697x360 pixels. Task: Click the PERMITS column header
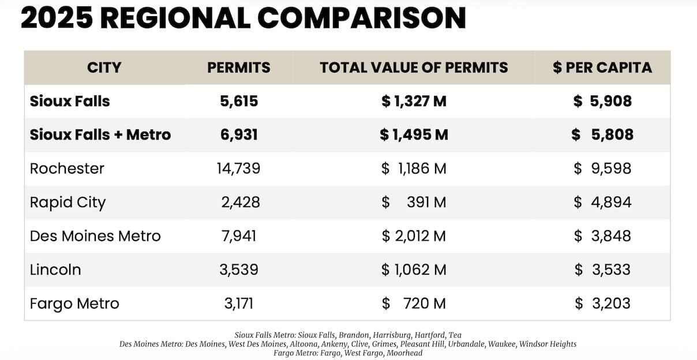click(x=239, y=67)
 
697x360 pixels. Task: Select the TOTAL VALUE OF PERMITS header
click(x=414, y=67)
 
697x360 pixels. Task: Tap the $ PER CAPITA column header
click(x=602, y=67)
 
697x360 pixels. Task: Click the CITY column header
click(x=104, y=67)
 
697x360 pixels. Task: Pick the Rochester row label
click(x=67, y=168)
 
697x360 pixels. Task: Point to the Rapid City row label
click(x=68, y=202)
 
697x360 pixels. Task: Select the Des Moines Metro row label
click(x=95, y=236)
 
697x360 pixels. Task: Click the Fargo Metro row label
click(x=74, y=303)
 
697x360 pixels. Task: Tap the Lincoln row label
click(x=55, y=269)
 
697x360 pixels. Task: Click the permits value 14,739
click(x=239, y=168)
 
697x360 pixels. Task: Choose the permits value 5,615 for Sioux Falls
click(x=239, y=102)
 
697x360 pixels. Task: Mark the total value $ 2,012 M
click(x=414, y=236)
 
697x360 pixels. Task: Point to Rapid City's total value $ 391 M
click(x=414, y=202)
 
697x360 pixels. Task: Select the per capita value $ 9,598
click(x=602, y=168)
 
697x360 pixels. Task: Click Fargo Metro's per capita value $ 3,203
click(x=602, y=303)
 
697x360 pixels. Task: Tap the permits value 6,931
click(x=239, y=135)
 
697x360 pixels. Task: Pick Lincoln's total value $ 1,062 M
click(x=414, y=269)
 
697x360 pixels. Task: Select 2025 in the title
click(x=56, y=18)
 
